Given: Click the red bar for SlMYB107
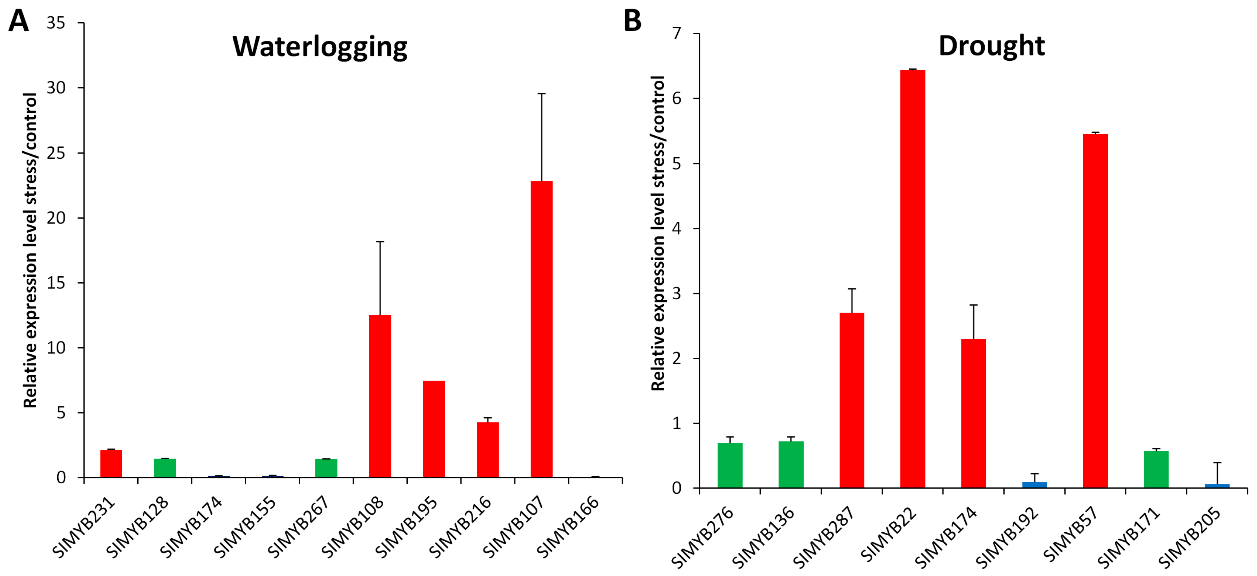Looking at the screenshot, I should point(542,329).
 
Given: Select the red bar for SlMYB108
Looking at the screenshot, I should point(380,396).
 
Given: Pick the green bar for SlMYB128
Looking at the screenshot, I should point(165,468).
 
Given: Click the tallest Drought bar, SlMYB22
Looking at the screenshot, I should point(913,279).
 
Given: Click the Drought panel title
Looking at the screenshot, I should point(991,46).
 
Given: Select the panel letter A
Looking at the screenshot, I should point(18,21).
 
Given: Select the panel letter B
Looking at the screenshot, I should point(633,21).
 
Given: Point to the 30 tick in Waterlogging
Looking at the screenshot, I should point(56,88).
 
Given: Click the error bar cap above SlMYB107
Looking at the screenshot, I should point(542,93).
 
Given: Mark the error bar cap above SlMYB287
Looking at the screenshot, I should point(852,289).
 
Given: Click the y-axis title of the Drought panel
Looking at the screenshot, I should point(658,233).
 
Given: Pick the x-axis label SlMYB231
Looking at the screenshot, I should point(84,527).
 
